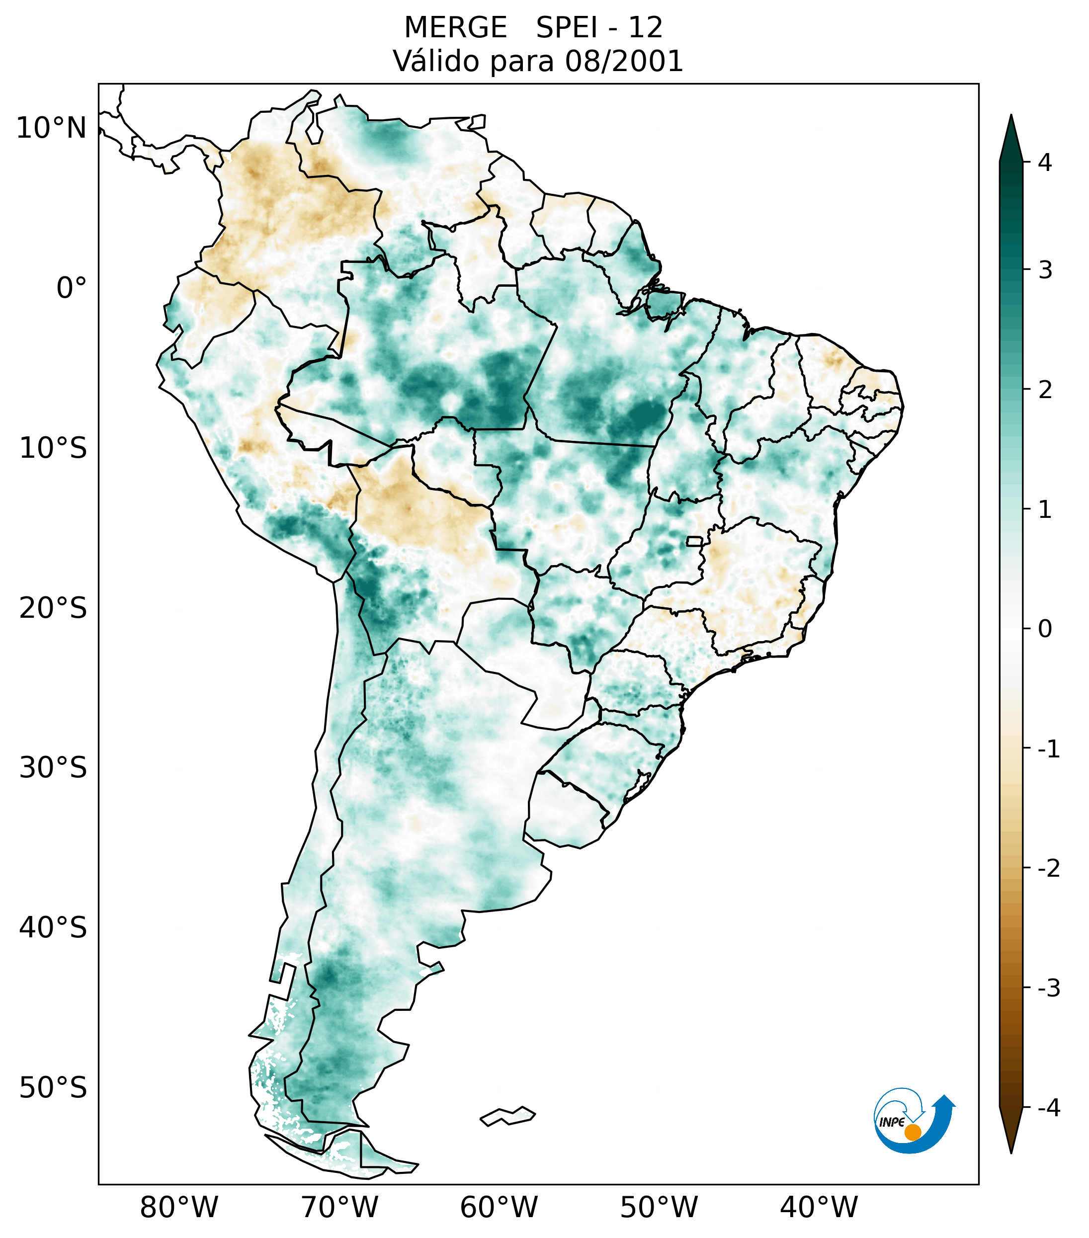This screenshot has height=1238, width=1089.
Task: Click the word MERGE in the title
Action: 455,28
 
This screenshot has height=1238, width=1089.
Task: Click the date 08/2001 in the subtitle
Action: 624,61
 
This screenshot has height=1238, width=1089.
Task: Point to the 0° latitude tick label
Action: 72,288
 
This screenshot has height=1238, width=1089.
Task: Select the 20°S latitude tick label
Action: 53,608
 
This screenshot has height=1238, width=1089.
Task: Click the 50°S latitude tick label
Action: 53,1088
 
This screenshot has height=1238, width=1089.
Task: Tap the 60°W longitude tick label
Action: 499,1208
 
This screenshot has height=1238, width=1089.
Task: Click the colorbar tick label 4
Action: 1045,163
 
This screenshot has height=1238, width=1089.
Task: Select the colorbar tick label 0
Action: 1045,629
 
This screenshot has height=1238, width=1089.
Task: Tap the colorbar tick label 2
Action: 1045,390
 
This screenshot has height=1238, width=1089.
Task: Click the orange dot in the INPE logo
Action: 912,1132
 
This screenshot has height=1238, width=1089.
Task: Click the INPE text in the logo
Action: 892,1122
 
